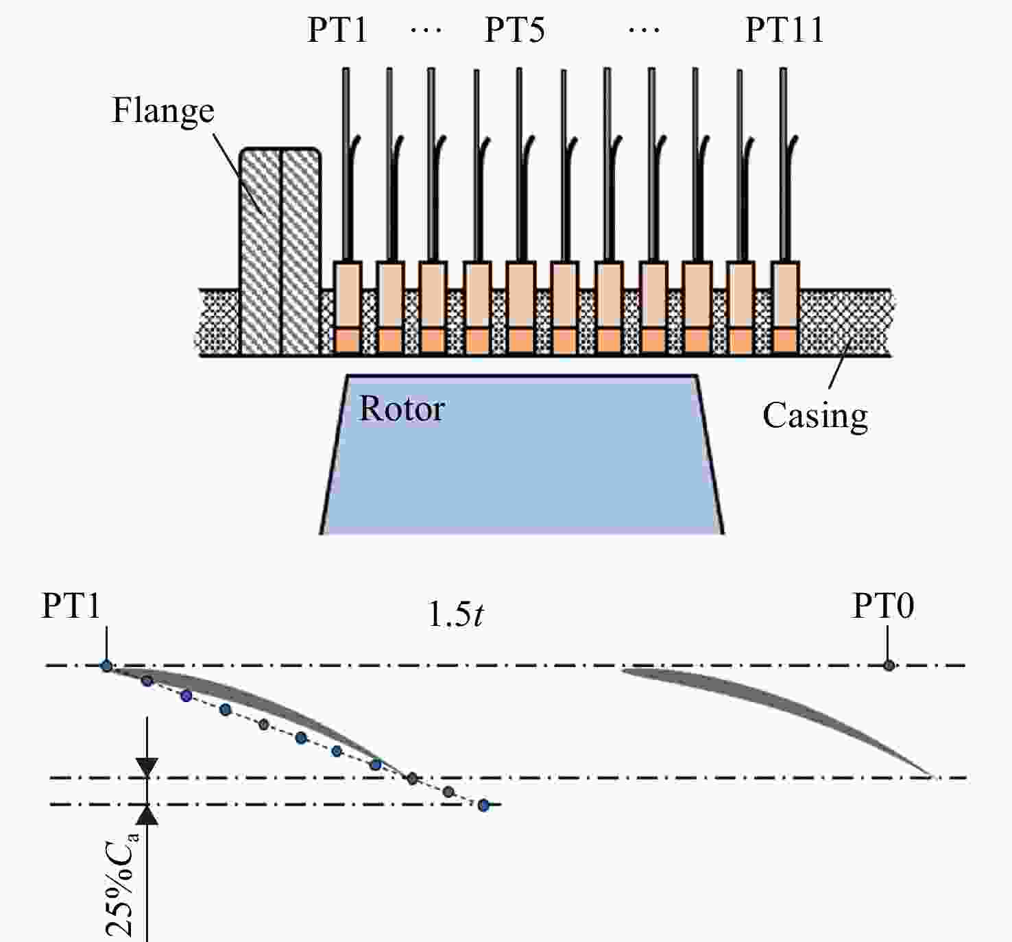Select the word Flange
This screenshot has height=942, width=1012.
point(163,111)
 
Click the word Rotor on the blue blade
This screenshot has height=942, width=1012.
point(402,409)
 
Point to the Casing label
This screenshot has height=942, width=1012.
point(815,416)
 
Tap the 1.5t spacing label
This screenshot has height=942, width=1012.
point(455,614)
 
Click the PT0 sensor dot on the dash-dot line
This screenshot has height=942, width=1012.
point(889,665)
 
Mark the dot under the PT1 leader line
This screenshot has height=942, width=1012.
point(106,665)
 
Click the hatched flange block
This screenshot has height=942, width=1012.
point(280,252)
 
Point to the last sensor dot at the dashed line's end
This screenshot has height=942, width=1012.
point(483,806)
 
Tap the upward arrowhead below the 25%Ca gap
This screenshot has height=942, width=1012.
point(147,814)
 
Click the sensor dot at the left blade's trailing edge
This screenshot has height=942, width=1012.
point(412,778)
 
